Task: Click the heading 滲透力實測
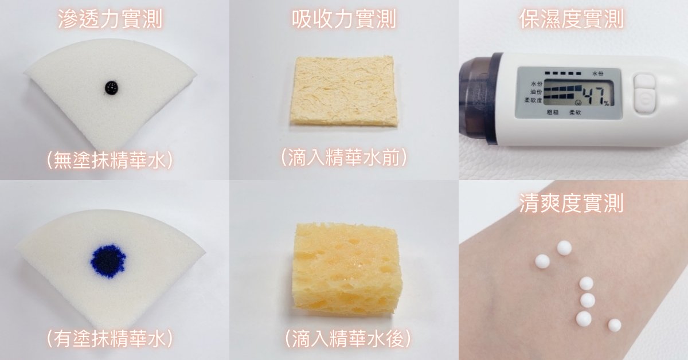coord(110,19)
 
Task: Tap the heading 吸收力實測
coord(343,19)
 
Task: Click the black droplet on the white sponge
coord(111,88)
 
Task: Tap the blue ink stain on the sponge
coord(108,261)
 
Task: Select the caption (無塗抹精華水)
coord(110,161)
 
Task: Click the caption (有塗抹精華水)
coord(110,338)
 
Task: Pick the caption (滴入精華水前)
coord(344,158)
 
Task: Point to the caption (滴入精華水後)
coord(347,338)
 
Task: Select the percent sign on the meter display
coord(606,103)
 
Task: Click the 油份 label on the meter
coord(537,92)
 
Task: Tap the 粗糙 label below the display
coord(552,112)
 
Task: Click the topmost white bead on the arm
coord(564,248)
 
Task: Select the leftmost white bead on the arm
coord(542,262)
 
